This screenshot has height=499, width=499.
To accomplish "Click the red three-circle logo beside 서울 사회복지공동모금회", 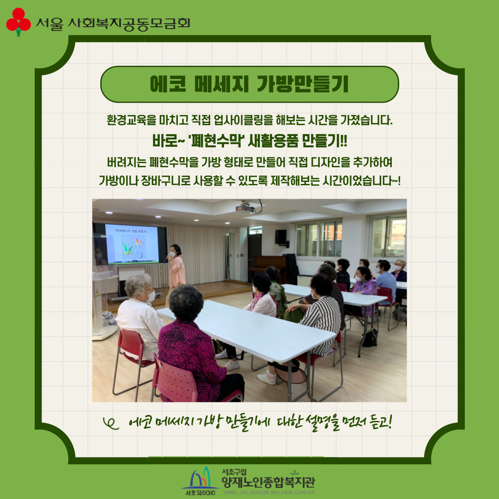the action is click(18, 22).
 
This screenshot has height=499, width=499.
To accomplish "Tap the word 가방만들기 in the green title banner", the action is click(303, 84).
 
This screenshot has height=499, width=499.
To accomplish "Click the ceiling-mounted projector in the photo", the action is click(246, 207).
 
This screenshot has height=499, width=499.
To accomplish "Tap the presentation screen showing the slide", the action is click(132, 244).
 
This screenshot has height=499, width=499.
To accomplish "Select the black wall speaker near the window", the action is click(281, 237).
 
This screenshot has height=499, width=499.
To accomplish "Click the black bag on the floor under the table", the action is click(370, 338).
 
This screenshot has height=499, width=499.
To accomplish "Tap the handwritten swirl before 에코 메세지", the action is click(111, 424).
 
